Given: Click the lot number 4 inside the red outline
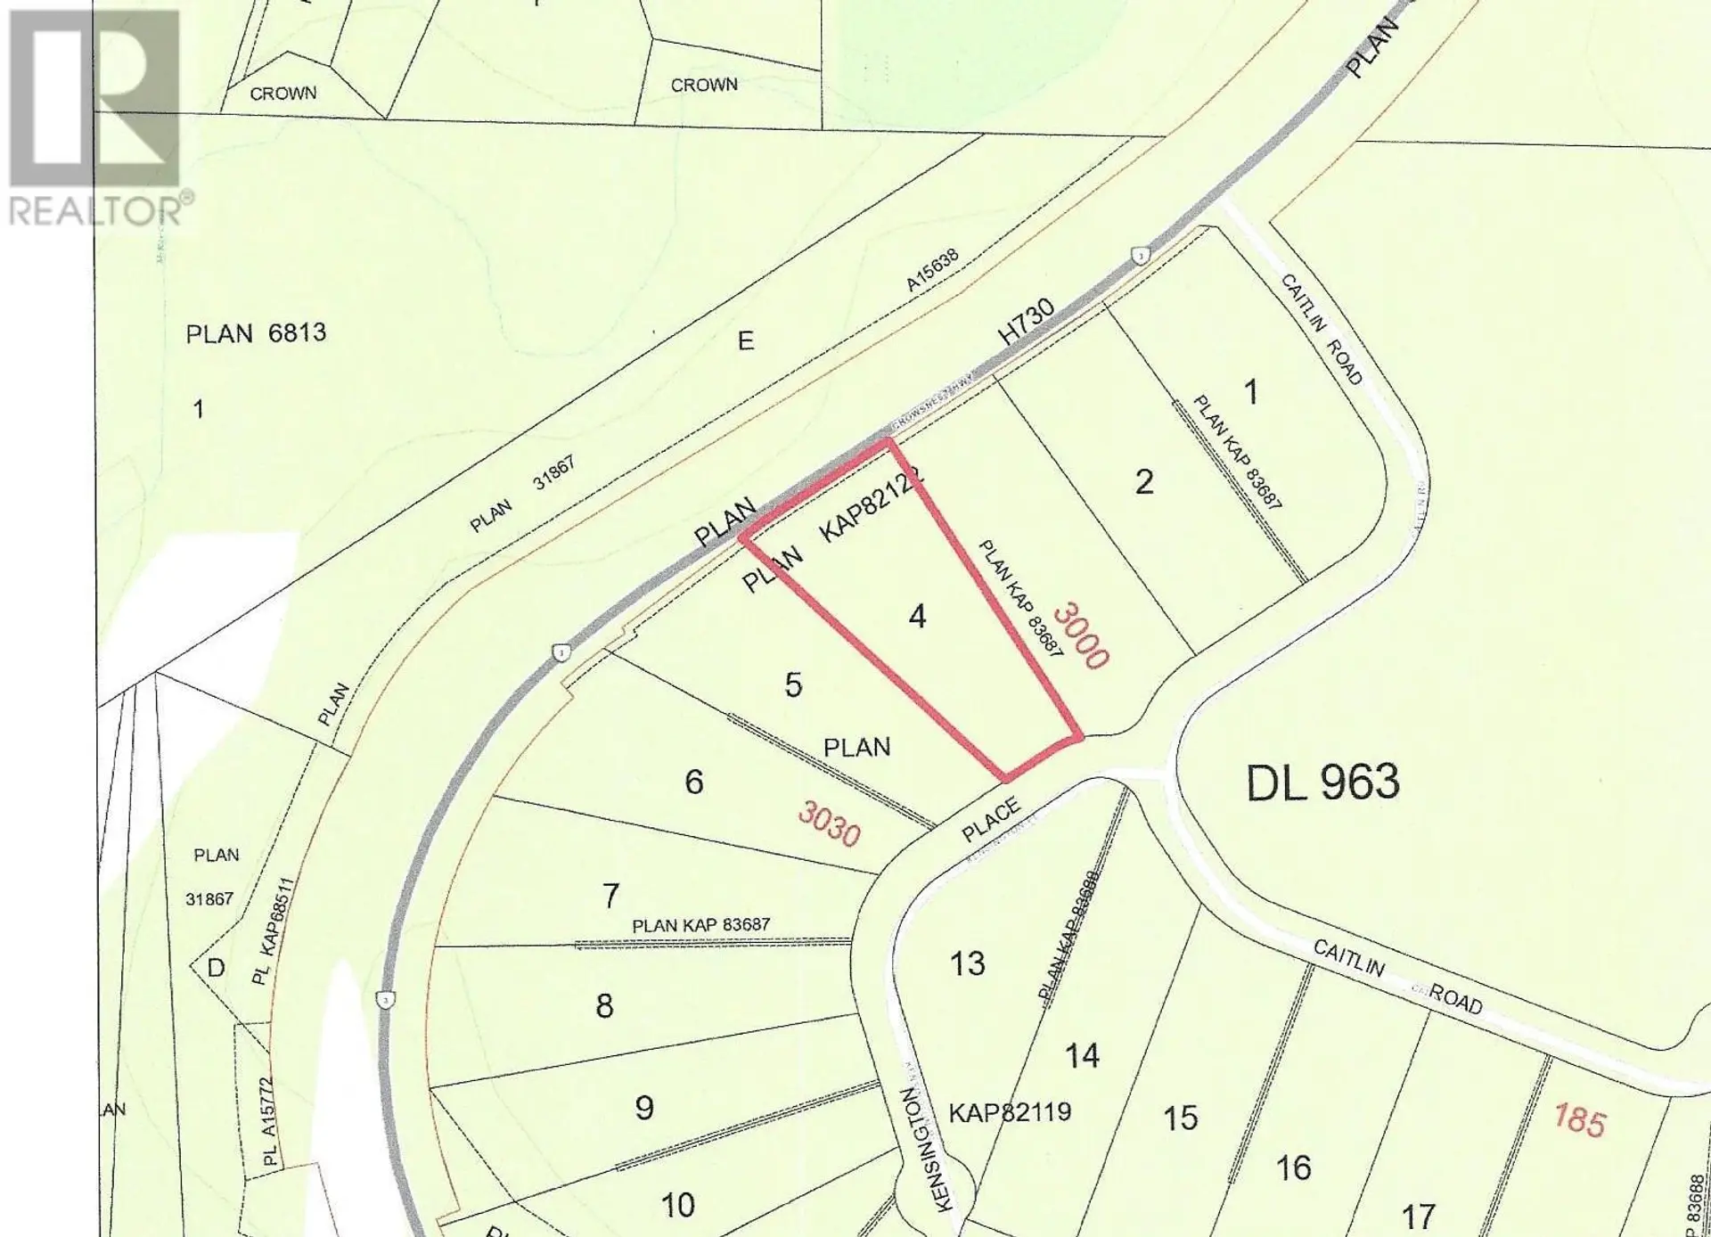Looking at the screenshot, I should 917,616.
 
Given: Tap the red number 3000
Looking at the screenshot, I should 1081,635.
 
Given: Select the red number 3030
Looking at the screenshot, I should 830,823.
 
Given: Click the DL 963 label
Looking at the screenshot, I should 1322,782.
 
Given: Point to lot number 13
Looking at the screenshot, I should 967,963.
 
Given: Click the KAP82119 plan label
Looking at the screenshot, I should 1009,1112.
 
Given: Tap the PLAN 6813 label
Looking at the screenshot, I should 256,334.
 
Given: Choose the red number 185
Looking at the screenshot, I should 1579,1119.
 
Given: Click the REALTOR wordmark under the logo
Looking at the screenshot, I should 96,210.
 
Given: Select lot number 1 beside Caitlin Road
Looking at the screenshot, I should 1251,392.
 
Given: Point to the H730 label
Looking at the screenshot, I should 1027,322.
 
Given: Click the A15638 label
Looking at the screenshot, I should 933,270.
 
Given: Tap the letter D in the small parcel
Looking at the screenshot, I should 216,967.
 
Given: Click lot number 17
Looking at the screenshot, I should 1418,1216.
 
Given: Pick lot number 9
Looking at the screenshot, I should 644,1108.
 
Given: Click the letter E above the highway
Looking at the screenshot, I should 746,340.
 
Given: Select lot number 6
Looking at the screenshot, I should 694,782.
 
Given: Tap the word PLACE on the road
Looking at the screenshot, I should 991,820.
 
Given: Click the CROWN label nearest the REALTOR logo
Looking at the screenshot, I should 282,94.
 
